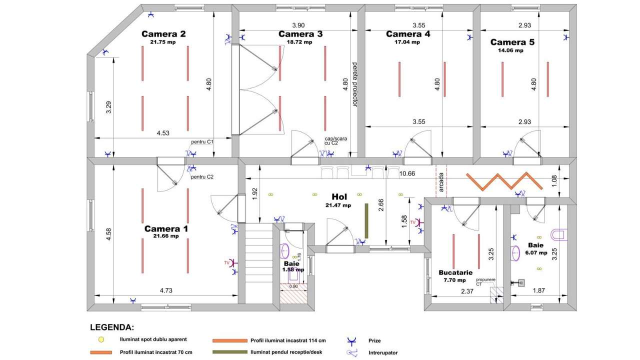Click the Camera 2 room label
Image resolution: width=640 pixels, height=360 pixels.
pos(163,34)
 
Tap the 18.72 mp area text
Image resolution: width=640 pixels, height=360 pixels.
pos(299,42)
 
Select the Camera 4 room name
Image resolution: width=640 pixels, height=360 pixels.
pos(407,34)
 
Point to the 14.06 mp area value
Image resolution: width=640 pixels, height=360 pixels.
pos(510,50)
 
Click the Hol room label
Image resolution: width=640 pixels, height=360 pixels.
pos(339,196)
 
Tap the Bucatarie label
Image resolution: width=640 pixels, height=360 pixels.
pos(455,272)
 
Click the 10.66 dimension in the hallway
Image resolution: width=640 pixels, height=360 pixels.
pos(407,173)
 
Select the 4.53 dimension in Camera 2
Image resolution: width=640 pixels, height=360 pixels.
pos(163,133)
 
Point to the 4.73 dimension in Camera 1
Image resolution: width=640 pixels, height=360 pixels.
pos(166,290)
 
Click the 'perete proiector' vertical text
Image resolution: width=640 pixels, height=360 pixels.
pos(354,84)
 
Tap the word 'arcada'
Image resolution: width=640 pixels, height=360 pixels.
pos(441,182)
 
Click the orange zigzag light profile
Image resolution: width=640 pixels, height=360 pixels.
pos(504,181)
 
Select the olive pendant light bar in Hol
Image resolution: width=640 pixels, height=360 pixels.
pos(366,221)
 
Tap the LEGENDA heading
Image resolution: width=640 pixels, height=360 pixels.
pos(112,327)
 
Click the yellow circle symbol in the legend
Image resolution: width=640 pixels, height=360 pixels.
pos(101,339)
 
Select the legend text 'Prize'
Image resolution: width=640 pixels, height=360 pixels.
pos(374,341)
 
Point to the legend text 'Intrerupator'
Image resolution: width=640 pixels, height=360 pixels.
pos(383,353)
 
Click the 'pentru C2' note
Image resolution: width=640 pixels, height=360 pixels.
pos(202,177)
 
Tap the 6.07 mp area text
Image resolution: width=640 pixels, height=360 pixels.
pos(536,253)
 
